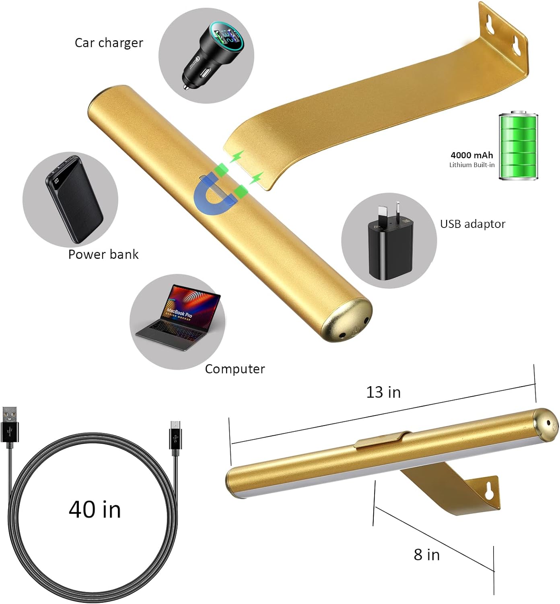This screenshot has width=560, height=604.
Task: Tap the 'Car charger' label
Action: (x=109, y=43)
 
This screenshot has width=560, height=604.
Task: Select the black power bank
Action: (x=74, y=199)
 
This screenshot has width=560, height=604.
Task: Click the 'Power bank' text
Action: (x=103, y=254)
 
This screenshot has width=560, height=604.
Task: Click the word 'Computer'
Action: (x=235, y=369)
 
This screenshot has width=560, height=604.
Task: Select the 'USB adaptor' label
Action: (x=473, y=224)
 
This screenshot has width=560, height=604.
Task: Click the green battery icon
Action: (x=519, y=146)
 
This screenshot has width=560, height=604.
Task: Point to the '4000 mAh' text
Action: (x=471, y=155)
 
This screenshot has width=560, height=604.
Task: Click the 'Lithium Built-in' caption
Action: (x=472, y=165)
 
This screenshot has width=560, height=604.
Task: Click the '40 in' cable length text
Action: (x=95, y=509)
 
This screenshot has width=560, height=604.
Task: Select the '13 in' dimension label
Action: (x=383, y=392)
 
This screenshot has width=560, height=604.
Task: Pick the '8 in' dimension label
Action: (x=426, y=554)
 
